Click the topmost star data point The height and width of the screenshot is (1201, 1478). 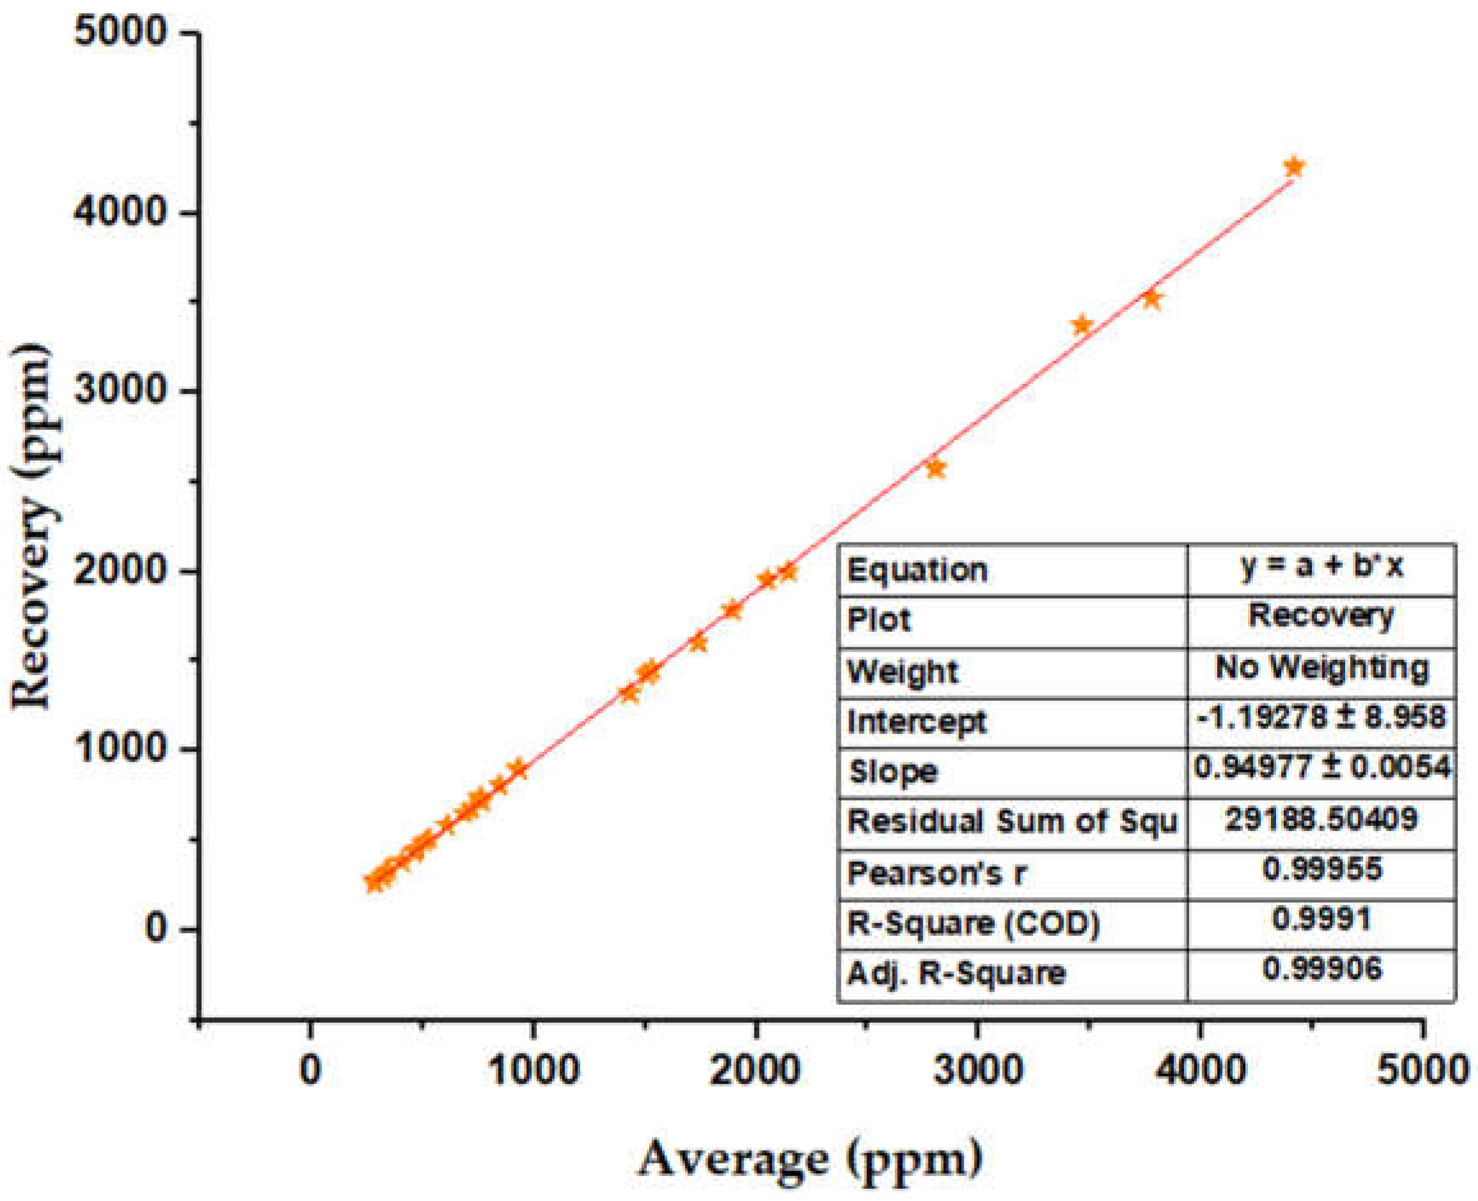(1293, 167)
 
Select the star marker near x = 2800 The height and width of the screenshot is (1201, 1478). (935, 468)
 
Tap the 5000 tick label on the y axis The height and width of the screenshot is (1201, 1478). (121, 33)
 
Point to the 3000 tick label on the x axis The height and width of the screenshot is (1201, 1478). (977, 1069)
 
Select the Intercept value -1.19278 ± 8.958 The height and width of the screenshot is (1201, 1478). (1321, 717)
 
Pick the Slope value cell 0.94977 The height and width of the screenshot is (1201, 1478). (1321, 767)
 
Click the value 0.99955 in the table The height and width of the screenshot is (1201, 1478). (1321, 868)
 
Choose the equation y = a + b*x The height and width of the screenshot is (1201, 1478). (1321, 566)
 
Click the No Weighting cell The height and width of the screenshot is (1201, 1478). (1321, 668)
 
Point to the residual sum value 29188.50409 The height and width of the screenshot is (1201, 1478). (1321, 818)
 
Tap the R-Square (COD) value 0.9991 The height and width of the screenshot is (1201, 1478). (1321, 919)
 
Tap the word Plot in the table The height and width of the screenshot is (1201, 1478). (879, 619)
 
